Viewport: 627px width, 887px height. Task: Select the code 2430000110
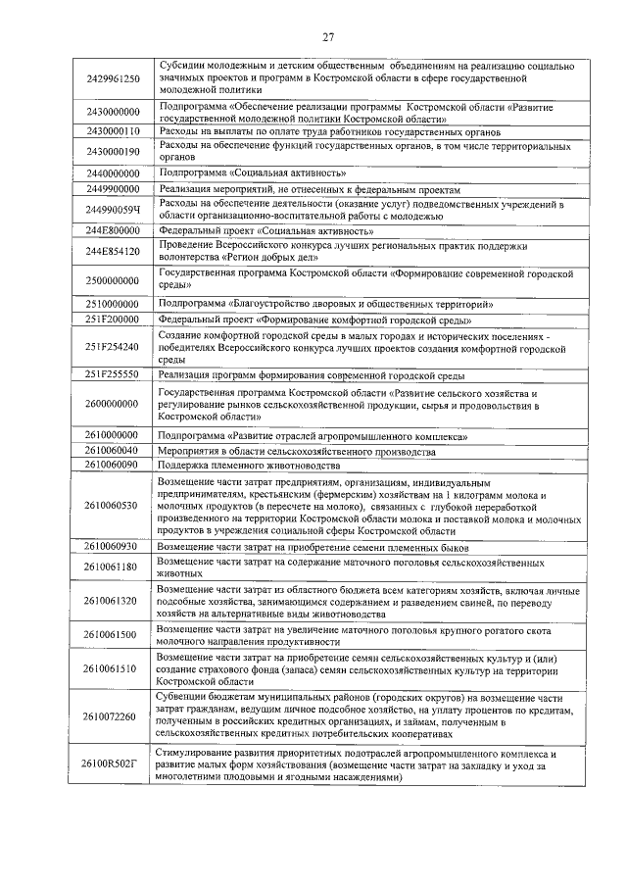pyautogui.click(x=113, y=130)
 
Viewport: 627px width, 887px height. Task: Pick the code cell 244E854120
pyautogui.click(x=113, y=251)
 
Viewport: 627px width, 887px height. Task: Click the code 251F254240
pyautogui.click(x=113, y=347)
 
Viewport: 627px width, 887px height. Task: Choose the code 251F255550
pyautogui.click(x=113, y=374)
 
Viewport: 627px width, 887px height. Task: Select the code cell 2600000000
pyautogui.click(x=113, y=403)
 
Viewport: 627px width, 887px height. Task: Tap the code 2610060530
pyautogui.click(x=113, y=505)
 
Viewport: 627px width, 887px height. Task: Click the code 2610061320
pyautogui.click(x=113, y=600)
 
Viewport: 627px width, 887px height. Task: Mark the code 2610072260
pyautogui.click(x=113, y=716)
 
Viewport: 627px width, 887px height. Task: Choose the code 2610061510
pyautogui.click(x=113, y=668)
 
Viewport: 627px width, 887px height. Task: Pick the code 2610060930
pyautogui.click(x=113, y=546)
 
